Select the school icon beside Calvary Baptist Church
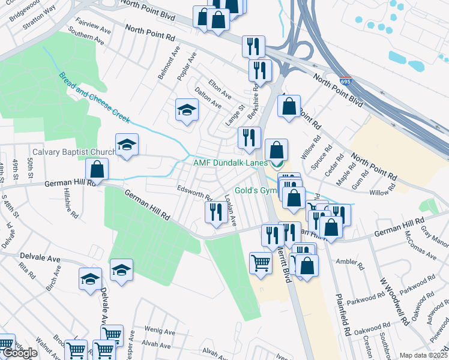click(x=127, y=146)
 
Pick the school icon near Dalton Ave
click(x=187, y=110)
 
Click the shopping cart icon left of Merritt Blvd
click(x=260, y=262)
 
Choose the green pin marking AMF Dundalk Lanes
click(x=277, y=163)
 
